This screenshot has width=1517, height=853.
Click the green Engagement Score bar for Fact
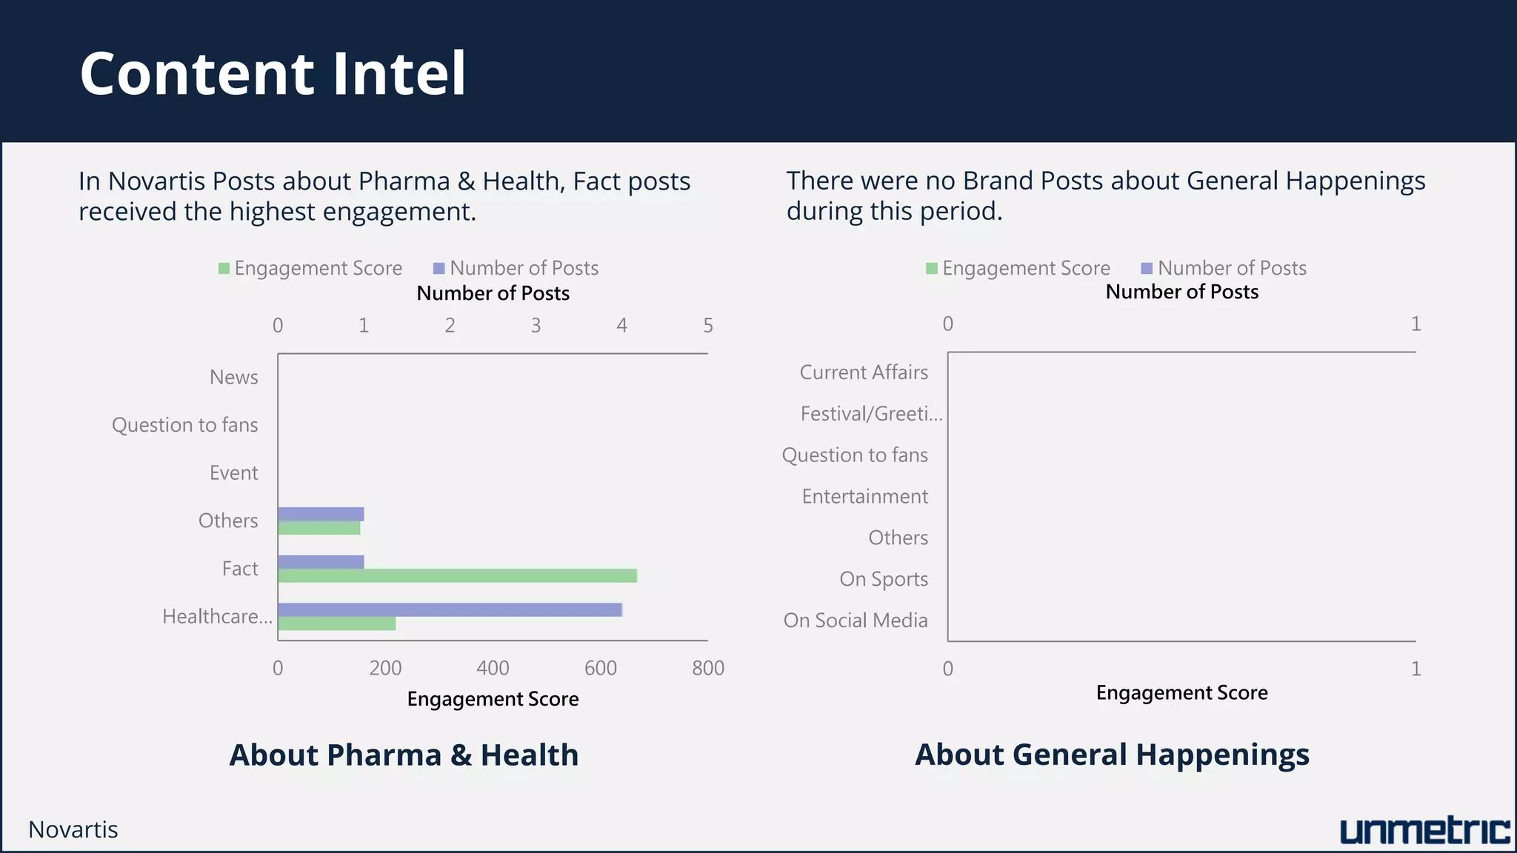point(457,576)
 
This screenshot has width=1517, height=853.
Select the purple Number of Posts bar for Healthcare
point(450,609)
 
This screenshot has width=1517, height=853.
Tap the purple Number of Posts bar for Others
point(321,514)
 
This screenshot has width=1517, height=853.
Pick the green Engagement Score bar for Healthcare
point(336,623)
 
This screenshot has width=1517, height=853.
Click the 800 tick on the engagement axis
point(707,669)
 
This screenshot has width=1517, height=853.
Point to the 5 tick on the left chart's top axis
point(708,326)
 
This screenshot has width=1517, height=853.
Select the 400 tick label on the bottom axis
point(493,669)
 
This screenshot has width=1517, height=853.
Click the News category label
point(233,378)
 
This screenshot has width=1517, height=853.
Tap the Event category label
point(233,473)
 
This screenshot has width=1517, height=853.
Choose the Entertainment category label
point(864,497)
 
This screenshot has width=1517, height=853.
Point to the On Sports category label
point(883,580)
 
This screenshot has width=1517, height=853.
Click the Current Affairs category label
point(864,372)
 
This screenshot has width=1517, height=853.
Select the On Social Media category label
point(856,620)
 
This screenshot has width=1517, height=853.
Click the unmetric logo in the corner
point(1424,831)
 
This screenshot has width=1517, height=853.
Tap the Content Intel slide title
point(273,73)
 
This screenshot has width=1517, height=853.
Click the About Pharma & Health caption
point(404,755)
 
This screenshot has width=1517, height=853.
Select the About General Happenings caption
point(1112,755)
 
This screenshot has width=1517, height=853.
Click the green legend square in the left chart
point(224,268)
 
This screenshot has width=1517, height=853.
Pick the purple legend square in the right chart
point(1147,268)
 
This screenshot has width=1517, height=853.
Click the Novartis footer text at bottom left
point(73,830)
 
